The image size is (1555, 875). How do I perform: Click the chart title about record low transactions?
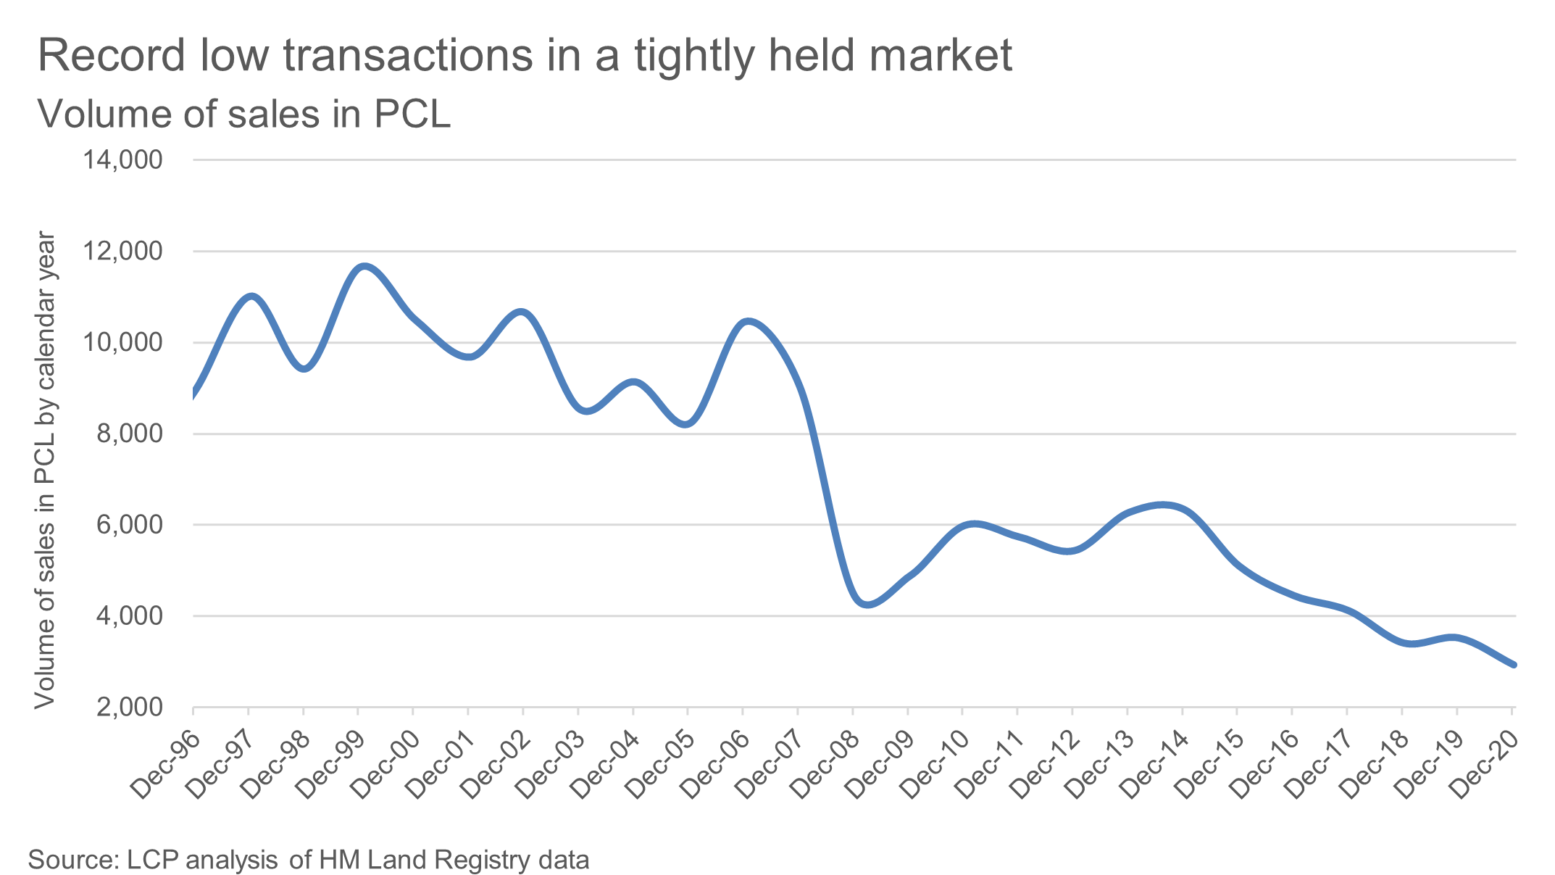click(x=525, y=55)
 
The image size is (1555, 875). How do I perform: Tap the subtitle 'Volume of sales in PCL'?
click(x=244, y=115)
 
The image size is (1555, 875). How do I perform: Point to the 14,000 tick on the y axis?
click(x=122, y=160)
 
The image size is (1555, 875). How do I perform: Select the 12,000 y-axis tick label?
click(x=122, y=252)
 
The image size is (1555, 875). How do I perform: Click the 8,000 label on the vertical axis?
click(x=130, y=434)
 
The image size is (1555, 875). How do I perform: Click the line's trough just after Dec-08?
click(x=869, y=604)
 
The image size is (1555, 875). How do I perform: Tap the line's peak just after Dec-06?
click(x=749, y=321)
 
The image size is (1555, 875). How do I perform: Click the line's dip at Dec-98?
click(x=305, y=368)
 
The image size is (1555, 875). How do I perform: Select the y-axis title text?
click(x=45, y=470)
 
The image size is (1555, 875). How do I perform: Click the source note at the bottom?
click(x=309, y=860)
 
